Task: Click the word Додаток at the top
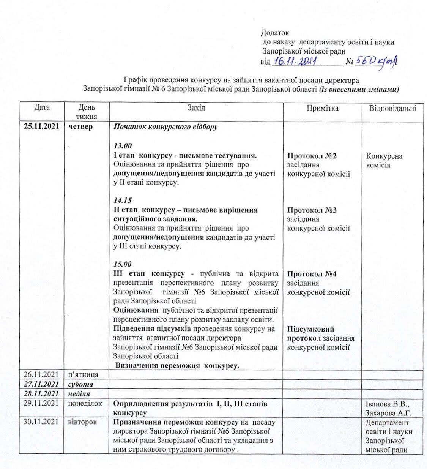click(x=275, y=33)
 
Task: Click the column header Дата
click(x=42, y=107)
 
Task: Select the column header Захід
click(x=196, y=108)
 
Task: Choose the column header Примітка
click(x=323, y=108)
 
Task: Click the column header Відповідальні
click(x=393, y=108)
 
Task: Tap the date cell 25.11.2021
click(x=41, y=126)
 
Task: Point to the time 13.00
click(x=123, y=146)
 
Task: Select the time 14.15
click(x=123, y=201)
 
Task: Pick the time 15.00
click(x=123, y=264)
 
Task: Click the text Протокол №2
click(x=312, y=156)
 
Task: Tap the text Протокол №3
click(x=312, y=210)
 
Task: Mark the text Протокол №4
click(x=312, y=274)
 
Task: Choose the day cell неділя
click(x=79, y=393)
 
